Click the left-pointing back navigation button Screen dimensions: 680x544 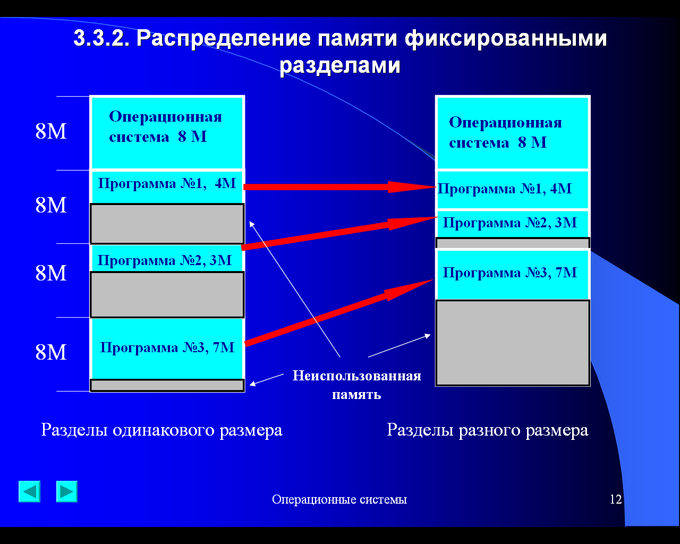coord(29,491)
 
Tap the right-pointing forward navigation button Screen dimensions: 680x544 coord(67,491)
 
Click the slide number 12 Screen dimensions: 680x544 coord(616,499)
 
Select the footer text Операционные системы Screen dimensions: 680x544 coord(339,499)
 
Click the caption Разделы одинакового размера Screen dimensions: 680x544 coord(161,430)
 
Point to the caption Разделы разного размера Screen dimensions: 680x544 coord(488,430)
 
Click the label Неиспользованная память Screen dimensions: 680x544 coord(357,385)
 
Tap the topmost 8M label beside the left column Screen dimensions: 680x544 coord(51,131)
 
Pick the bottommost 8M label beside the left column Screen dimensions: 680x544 coord(51,352)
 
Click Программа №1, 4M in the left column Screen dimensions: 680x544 coord(167,183)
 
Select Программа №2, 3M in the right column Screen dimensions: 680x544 coord(509,223)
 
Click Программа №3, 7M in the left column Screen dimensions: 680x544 coord(167,348)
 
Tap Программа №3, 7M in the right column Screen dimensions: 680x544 coord(509,273)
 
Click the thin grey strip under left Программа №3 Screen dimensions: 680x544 coord(167,385)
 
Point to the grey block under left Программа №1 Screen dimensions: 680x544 coord(167,224)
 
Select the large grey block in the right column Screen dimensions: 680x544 coord(513,343)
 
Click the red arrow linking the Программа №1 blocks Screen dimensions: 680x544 coord(339,187)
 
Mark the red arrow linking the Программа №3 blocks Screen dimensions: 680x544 coord(339,312)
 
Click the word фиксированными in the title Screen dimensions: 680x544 coord(506,39)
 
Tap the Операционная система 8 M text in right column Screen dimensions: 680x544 coord(505,132)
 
